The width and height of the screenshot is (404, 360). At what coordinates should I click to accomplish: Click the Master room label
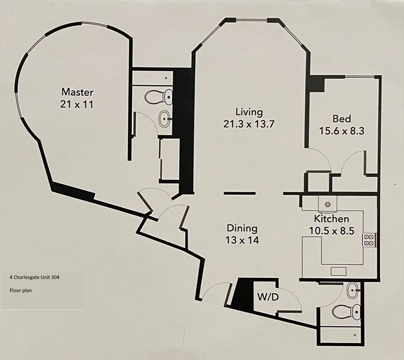click(78, 92)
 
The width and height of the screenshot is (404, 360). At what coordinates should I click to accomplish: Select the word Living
click(249, 112)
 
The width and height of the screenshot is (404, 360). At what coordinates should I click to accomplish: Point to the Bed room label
click(342, 119)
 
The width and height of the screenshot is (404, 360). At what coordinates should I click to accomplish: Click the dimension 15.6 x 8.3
click(342, 131)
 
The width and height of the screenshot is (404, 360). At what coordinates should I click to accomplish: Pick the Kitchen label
click(331, 219)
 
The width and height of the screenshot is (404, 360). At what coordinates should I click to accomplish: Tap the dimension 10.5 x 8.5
click(331, 231)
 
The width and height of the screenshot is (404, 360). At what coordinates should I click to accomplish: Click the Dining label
click(242, 228)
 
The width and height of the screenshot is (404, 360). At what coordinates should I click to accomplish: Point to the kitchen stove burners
click(369, 240)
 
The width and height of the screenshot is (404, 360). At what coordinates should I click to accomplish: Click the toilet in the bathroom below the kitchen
click(345, 310)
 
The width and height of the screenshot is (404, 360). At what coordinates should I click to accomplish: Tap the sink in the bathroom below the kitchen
click(352, 291)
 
